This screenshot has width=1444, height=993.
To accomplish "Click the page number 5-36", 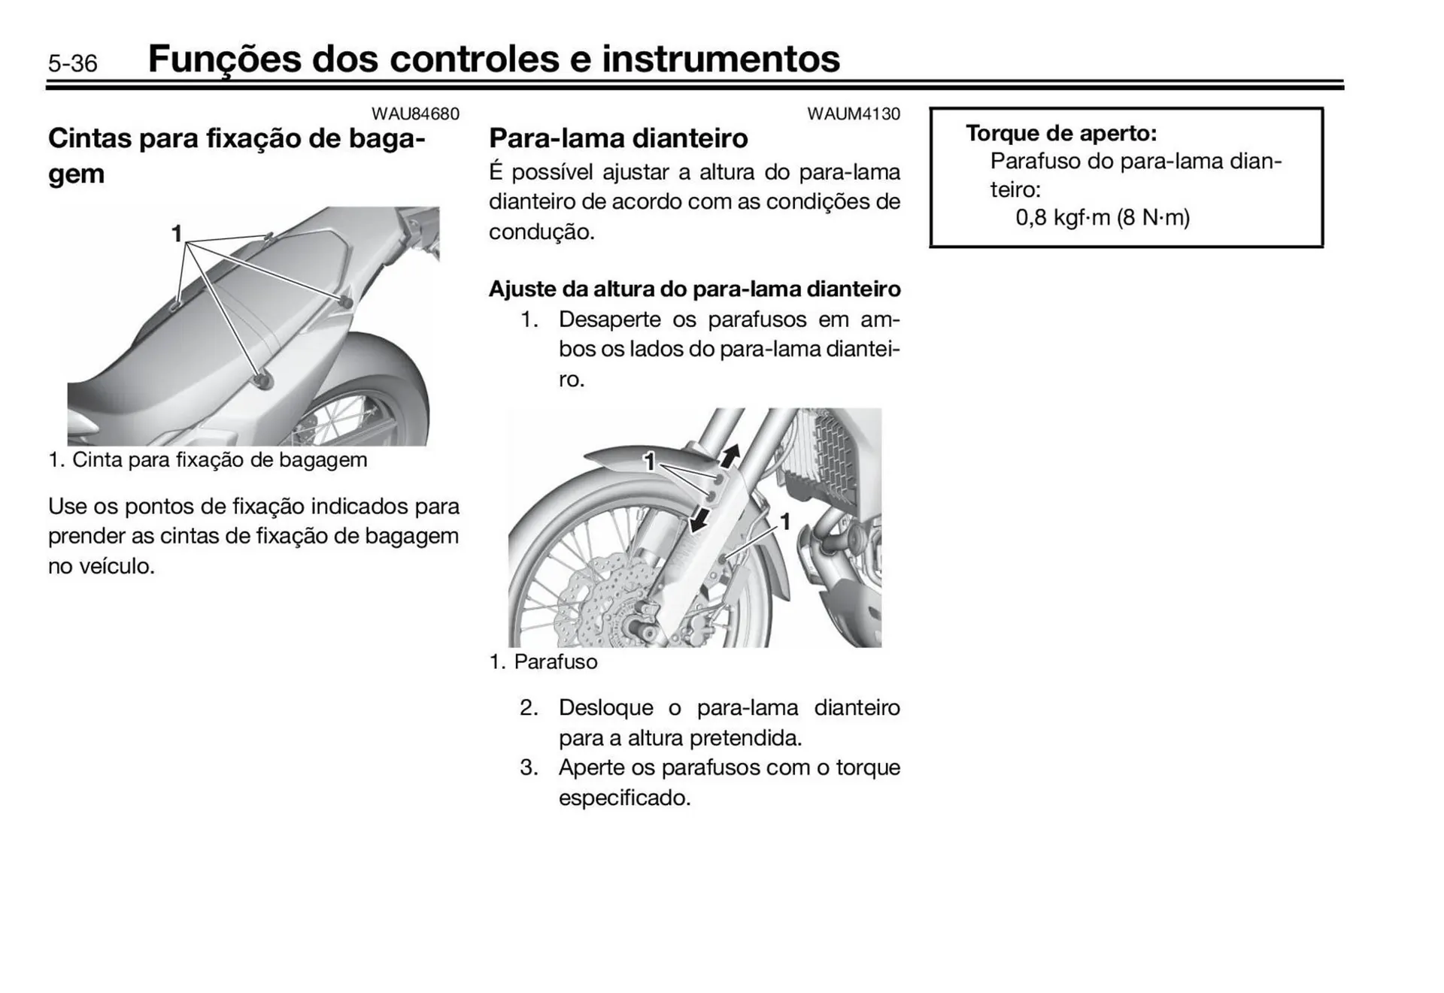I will pyautogui.click(x=72, y=63).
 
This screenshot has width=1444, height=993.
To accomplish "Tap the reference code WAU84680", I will pyautogui.click(x=415, y=114).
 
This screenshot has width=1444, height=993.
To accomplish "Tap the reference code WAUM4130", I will pyautogui.click(x=853, y=114).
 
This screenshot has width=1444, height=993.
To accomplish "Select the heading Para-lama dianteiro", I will pyautogui.click(x=618, y=138).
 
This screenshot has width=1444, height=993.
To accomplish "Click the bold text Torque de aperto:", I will pyautogui.click(x=1060, y=133).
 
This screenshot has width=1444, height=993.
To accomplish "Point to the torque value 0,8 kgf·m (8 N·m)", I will pyautogui.click(x=1102, y=218).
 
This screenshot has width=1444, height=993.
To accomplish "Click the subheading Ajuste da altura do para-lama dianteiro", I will pyautogui.click(x=694, y=289).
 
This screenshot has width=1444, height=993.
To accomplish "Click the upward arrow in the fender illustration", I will pyautogui.click(x=730, y=454).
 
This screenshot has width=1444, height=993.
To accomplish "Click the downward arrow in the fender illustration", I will pyautogui.click(x=699, y=519).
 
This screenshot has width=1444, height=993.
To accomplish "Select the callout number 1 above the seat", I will pyautogui.click(x=176, y=234).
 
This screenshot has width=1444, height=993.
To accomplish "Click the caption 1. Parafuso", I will pyautogui.click(x=543, y=662).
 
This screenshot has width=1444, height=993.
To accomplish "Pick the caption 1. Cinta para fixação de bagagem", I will pyautogui.click(x=208, y=460).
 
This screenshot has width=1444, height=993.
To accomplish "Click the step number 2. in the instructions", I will pyautogui.click(x=529, y=708).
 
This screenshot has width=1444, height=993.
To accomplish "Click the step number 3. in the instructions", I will pyautogui.click(x=529, y=767).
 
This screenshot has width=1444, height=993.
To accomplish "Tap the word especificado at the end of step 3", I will pyautogui.click(x=624, y=798).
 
